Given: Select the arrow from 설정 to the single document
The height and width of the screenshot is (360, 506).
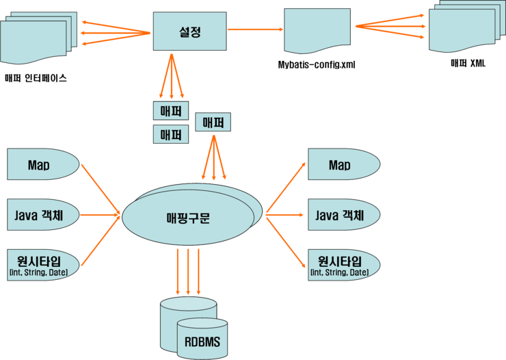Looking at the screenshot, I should click(x=254, y=29).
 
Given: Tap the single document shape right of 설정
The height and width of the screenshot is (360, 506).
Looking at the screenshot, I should click(x=317, y=31).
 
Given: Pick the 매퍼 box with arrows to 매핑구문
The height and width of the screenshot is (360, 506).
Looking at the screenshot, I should click(x=213, y=123).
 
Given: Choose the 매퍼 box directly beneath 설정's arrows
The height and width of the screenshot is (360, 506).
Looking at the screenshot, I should click(x=170, y=110).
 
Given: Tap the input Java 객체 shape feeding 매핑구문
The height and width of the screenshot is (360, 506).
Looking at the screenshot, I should click(x=43, y=215).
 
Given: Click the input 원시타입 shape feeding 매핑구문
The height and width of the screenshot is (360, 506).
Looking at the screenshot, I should click(x=43, y=263).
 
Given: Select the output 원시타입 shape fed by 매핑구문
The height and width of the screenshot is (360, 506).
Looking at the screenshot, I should click(x=342, y=263).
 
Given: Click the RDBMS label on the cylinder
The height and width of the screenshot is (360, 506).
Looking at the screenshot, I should click(x=202, y=342).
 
